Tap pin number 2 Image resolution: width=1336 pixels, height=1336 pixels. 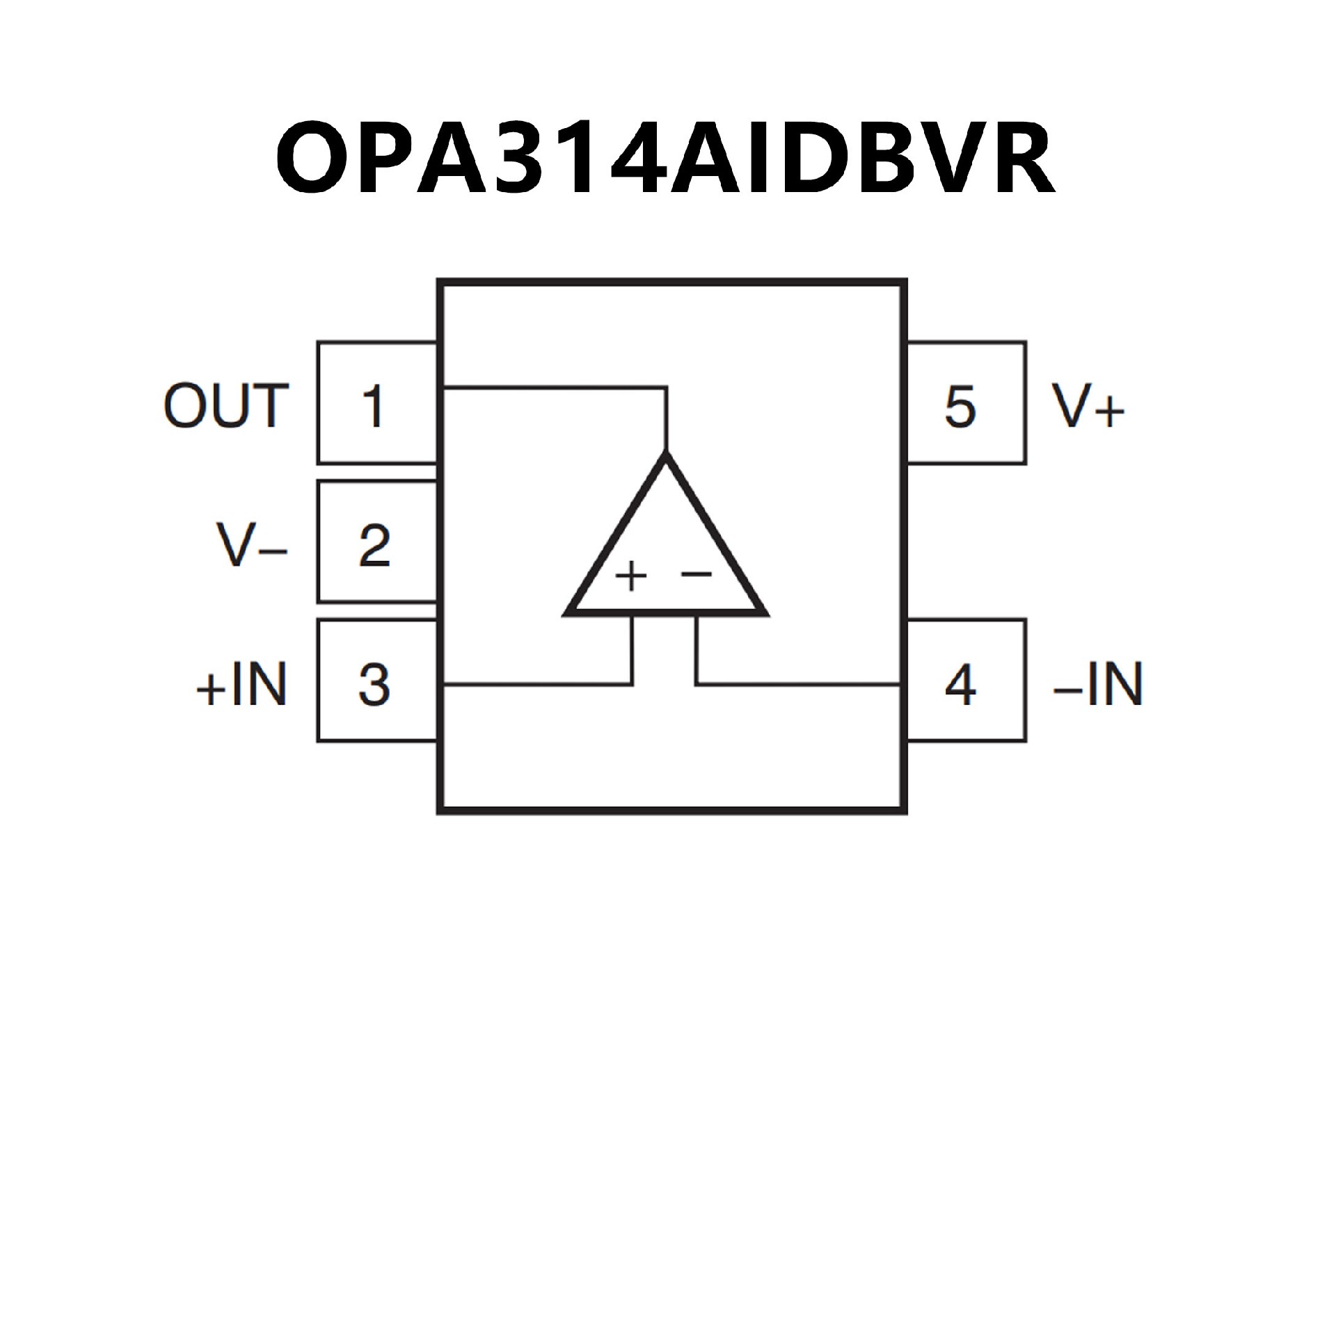click(374, 544)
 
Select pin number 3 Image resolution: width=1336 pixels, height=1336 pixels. click(374, 685)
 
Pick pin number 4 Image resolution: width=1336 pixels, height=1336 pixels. click(960, 685)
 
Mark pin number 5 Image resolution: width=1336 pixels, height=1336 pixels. click(960, 406)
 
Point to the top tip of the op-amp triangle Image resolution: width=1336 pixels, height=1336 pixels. click(667, 456)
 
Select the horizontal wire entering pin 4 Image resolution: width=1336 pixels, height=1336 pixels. click(800, 685)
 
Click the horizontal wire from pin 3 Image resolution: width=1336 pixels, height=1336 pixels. click(536, 685)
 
